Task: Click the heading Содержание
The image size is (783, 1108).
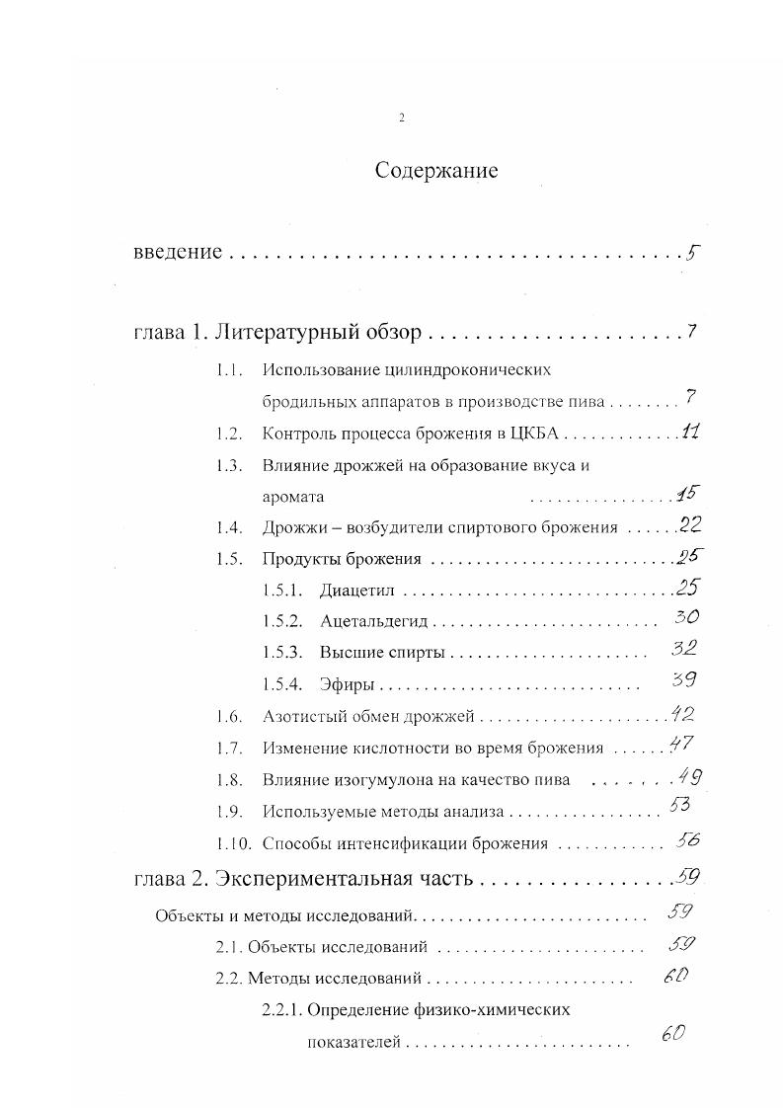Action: coord(436,171)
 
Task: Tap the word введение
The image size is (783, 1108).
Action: coord(177,252)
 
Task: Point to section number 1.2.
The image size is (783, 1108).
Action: coord(229,433)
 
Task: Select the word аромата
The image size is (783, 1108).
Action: coord(293,497)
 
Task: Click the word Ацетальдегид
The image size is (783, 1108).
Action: coord(375,622)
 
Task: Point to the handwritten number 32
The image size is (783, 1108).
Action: coord(683,649)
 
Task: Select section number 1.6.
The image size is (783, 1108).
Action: coord(229,716)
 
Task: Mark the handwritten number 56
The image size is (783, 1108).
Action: coord(687,840)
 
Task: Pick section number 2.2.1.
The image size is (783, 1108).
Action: coord(281,1010)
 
